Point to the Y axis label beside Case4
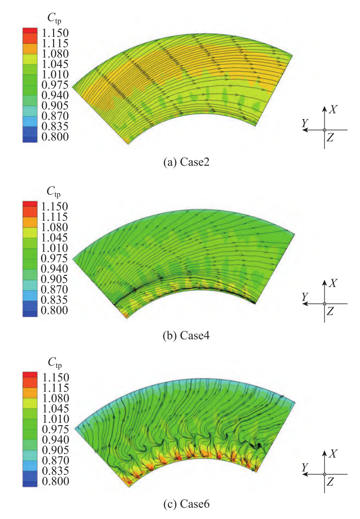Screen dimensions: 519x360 pos(305,296)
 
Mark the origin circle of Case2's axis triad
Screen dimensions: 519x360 pos(324,130)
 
